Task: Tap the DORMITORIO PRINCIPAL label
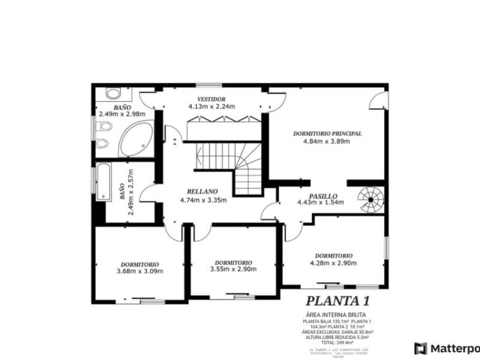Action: [x=327, y=134]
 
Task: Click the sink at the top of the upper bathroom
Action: [x=112, y=94]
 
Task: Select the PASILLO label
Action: [x=323, y=196]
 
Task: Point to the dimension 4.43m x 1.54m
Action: [x=320, y=203]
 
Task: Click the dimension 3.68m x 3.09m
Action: [x=140, y=271]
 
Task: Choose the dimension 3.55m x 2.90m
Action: [x=233, y=269]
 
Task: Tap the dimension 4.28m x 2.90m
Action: [x=333, y=263]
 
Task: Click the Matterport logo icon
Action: [x=421, y=348]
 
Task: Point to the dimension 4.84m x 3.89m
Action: [x=328, y=142]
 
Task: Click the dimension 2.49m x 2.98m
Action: [x=122, y=113]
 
